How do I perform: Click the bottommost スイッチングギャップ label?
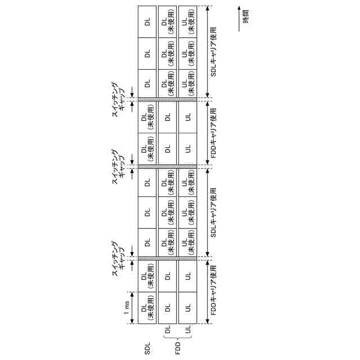[119, 259]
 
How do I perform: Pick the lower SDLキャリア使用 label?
[213, 213]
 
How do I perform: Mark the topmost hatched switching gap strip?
[167, 99]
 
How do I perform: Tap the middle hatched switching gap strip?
[167, 167]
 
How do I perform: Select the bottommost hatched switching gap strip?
[167, 259]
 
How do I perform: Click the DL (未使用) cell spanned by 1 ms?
[147, 308]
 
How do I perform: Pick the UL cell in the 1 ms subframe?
[187, 308]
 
